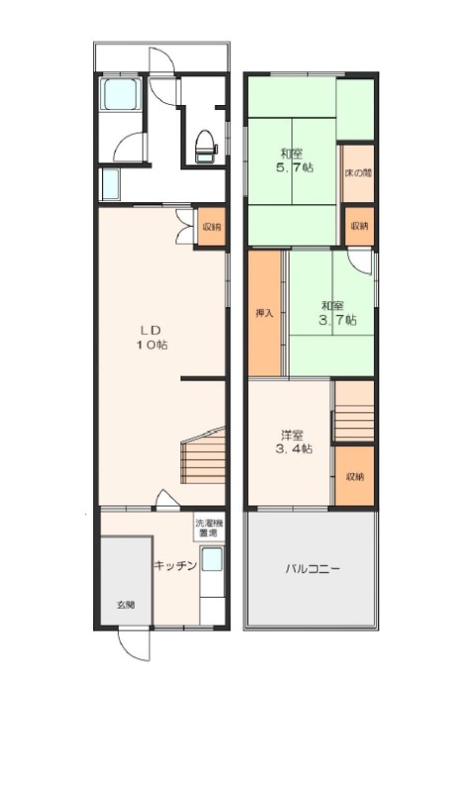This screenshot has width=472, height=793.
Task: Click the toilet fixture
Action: coord(206,146)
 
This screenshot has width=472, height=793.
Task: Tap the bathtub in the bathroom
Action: coord(120,94)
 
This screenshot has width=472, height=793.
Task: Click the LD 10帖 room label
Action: coord(151,338)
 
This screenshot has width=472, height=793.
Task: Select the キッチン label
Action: coord(176,565)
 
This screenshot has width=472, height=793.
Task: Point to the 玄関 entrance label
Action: coord(126,605)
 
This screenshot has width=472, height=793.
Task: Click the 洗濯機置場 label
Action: coord(205,528)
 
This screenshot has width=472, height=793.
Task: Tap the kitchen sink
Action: coord(211,560)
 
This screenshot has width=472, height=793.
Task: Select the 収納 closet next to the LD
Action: coord(210,227)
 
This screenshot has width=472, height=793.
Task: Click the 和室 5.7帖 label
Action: coord(294,161)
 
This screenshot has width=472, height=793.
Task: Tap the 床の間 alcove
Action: coord(358,172)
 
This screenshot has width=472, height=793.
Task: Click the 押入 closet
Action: coord(264,313)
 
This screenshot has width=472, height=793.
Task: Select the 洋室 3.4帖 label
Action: coord(293,441)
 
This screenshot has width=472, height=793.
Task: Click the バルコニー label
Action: coord(312,569)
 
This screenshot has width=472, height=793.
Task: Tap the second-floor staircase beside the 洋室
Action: coord(354,410)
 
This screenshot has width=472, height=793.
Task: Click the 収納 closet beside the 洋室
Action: coord(355,477)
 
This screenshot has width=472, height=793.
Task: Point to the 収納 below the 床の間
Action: coord(359,226)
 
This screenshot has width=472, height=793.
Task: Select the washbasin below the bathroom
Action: coord(111,184)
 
